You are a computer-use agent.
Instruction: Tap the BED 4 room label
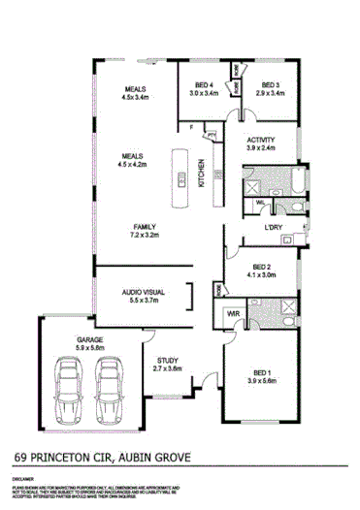(202, 84)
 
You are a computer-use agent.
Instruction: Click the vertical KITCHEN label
(201, 173)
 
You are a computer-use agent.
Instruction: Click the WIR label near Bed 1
(234, 314)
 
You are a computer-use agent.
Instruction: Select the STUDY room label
(167, 359)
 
